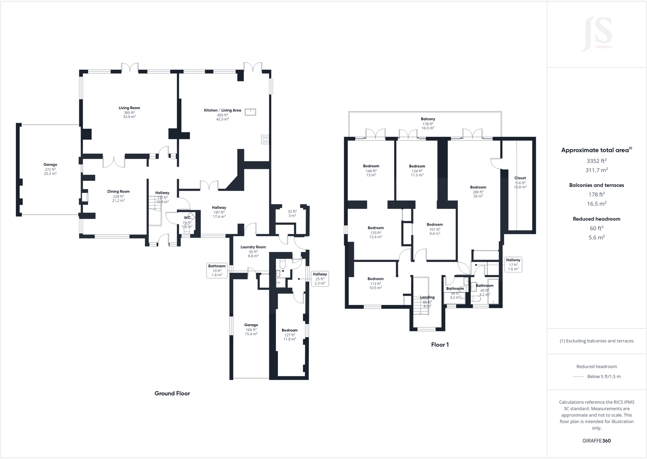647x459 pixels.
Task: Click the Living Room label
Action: (x=129, y=108)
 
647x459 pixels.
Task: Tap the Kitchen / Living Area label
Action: (x=222, y=110)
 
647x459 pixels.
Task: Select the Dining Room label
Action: (x=118, y=191)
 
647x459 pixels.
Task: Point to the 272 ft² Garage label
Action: (x=50, y=165)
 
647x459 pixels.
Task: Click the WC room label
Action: (x=187, y=217)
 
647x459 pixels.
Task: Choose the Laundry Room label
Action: (x=253, y=247)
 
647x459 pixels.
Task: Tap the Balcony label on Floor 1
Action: (x=428, y=119)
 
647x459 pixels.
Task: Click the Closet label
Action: (x=520, y=178)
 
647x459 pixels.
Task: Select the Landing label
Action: (x=427, y=297)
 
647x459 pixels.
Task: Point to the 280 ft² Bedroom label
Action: (x=478, y=187)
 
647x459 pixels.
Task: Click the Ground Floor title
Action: (x=172, y=393)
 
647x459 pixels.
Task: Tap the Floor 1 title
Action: (x=440, y=345)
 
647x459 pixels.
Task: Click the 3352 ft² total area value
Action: (x=597, y=161)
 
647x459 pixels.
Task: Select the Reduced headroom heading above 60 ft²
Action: (x=597, y=219)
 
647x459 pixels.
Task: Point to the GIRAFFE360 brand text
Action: (x=597, y=441)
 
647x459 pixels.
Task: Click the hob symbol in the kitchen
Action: (x=265, y=139)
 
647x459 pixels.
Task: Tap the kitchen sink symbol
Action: (x=250, y=112)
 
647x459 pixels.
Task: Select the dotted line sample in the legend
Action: (x=578, y=377)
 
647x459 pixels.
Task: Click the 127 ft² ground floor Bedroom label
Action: (x=290, y=330)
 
